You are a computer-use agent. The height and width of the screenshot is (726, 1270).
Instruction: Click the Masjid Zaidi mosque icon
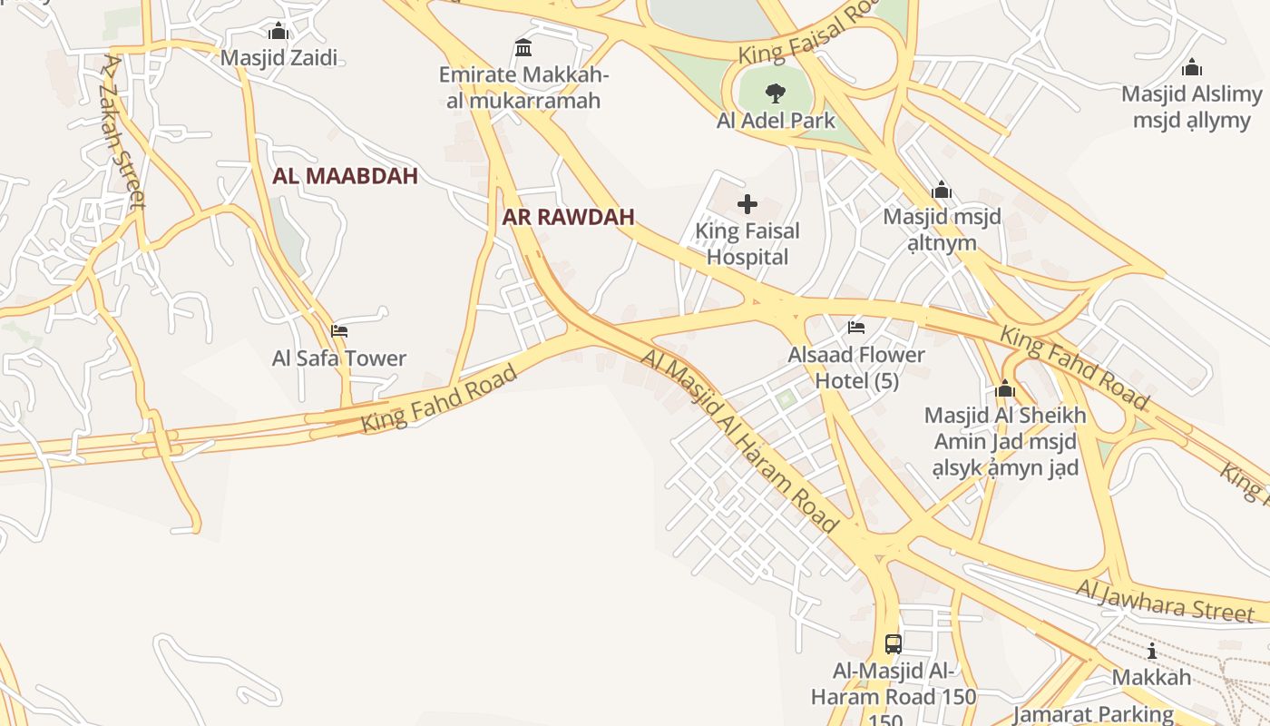click(x=278, y=32)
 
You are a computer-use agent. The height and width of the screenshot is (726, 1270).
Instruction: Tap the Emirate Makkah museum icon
click(x=523, y=47)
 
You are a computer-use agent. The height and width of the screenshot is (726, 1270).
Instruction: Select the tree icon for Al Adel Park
click(x=775, y=92)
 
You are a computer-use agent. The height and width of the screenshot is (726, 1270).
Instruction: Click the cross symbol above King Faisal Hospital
click(x=747, y=204)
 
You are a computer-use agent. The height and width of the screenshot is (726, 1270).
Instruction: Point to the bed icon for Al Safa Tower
click(x=339, y=330)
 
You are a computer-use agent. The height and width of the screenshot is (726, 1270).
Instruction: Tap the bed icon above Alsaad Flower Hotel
click(x=856, y=327)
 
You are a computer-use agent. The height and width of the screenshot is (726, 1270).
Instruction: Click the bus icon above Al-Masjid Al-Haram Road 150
click(x=894, y=644)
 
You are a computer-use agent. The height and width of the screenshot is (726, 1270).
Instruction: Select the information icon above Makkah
click(x=1152, y=651)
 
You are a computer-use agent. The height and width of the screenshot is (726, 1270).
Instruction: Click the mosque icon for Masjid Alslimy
click(x=1192, y=67)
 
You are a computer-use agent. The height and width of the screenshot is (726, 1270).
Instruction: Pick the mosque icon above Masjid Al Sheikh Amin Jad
click(x=1004, y=389)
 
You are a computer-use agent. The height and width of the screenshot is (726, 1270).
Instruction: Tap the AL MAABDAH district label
click(x=346, y=176)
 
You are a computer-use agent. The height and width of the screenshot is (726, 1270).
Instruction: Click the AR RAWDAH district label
click(x=569, y=217)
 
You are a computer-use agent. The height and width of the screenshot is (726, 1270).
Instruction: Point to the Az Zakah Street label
click(x=123, y=132)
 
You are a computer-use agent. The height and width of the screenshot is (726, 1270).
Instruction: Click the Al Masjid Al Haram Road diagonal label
click(x=740, y=439)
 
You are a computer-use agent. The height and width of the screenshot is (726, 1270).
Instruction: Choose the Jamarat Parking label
click(x=1093, y=714)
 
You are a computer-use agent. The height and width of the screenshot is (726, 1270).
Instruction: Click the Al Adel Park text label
click(x=776, y=120)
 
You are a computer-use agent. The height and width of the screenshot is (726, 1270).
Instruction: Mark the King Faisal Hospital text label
click(x=747, y=243)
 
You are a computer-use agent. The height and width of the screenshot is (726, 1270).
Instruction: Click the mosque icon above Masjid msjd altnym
click(x=942, y=190)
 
